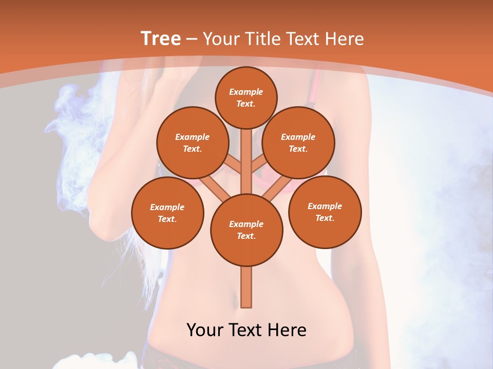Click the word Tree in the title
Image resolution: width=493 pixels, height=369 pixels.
[161, 39]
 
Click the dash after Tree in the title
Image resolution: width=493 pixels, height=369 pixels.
[192, 39]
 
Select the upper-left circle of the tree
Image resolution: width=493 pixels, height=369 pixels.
[192, 142]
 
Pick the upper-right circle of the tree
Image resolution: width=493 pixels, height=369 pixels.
[298, 142]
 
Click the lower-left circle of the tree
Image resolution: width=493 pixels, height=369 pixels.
[167, 213]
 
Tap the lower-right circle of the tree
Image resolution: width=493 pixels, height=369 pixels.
[325, 212]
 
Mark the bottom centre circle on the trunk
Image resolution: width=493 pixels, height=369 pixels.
[246, 230]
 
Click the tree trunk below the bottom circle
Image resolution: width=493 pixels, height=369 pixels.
[246, 287]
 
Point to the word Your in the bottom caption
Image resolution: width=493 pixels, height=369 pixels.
[204, 330]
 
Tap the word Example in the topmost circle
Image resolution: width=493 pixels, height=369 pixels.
[246, 92]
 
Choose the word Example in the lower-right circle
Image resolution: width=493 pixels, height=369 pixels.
[325, 206]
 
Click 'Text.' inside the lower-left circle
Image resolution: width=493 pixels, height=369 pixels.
[167, 219]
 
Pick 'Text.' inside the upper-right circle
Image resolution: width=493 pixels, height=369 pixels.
[298, 149]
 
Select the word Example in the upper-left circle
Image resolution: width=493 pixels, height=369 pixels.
[192, 137]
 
